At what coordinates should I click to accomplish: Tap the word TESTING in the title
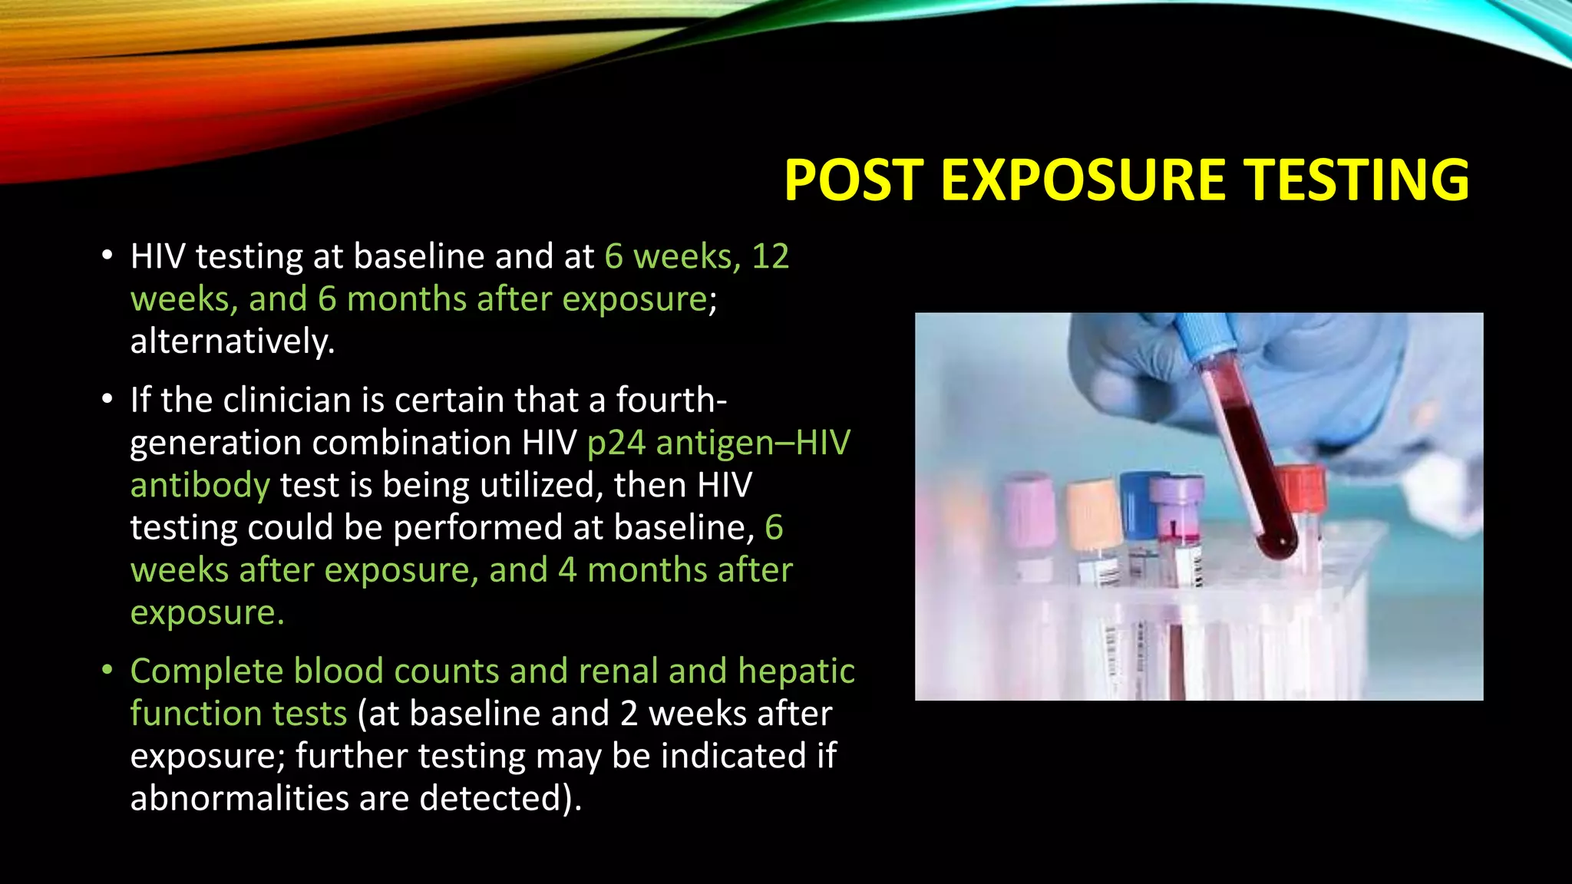[1357, 180]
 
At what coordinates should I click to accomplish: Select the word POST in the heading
[853, 180]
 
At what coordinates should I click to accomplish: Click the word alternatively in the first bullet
[232, 341]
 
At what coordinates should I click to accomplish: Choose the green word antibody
[200, 486]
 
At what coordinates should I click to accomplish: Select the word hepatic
[796, 671]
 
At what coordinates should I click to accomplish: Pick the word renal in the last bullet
[618, 671]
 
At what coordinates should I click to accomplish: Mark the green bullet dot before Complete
[107, 670]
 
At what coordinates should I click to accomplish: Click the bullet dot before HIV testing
[107, 255]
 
